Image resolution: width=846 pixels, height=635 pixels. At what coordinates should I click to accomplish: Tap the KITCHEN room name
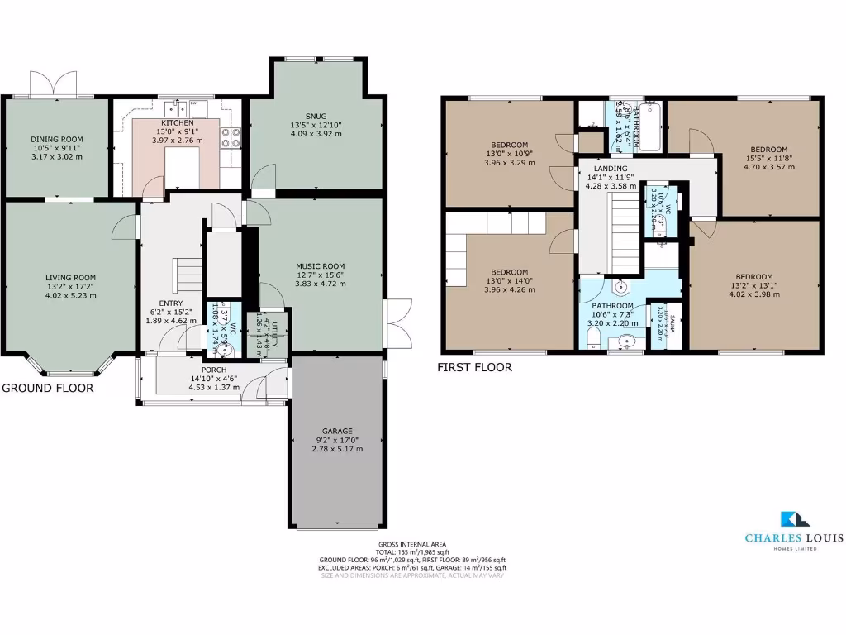(x=177, y=122)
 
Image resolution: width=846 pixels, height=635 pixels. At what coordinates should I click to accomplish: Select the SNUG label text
(x=316, y=116)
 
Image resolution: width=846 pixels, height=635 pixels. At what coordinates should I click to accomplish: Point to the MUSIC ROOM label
(x=321, y=266)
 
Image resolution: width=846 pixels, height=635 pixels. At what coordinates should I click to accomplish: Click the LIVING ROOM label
(x=70, y=278)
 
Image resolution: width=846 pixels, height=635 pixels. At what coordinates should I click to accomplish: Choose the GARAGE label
(x=337, y=431)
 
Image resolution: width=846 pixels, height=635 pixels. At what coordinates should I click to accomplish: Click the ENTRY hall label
(x=170, y=303)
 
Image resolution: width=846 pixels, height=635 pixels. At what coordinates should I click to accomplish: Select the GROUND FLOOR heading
(x=47, y=388)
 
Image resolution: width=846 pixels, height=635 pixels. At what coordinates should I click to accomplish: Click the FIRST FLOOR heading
(x=474, y=367)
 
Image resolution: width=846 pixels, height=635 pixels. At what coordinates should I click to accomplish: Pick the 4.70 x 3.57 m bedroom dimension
(x=768, y=166)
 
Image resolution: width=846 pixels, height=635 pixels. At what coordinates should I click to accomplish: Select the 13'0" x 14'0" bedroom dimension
(x=509, y=281)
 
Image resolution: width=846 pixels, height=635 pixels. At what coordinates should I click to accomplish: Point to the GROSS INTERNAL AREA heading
(x=412, y=544)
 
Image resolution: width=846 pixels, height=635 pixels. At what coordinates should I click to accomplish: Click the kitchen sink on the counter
(x=176, y=107)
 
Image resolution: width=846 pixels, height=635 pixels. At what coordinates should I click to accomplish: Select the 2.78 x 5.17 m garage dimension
(x=337, y=448)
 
